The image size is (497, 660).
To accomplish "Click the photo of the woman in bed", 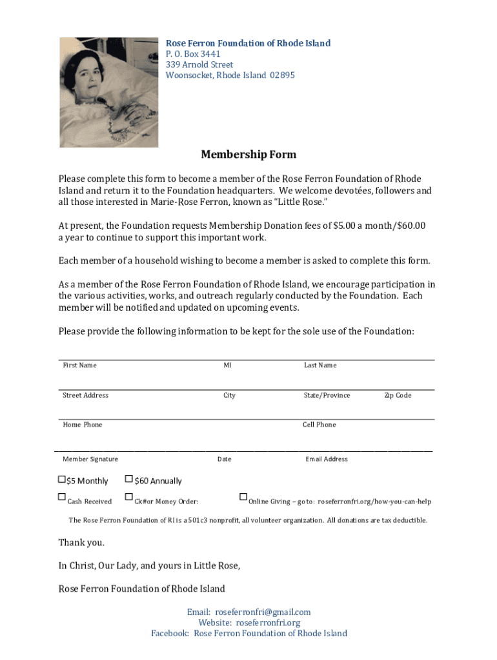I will coord(109,92).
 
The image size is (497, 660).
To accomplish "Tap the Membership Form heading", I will coord(249,155).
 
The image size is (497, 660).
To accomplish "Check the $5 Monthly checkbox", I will coord(62,480).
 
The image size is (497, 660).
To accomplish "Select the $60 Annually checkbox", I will coord(129,480).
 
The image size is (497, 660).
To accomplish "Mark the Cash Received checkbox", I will coord(62,497).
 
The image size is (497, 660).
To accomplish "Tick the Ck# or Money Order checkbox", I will coord(129,497).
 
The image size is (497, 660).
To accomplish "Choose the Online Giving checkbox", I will coord(243,497).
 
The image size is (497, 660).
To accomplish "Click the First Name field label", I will coord(79,365).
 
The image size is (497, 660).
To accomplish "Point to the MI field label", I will coord(227,365).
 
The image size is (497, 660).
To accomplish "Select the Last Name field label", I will coord(320,365).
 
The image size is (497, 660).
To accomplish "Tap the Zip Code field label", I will coord(398,395).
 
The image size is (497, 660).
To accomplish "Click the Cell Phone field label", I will coord(319,425).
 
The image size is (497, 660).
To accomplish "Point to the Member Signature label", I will coord(90,459).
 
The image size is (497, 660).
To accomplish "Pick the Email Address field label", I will coord(327,459).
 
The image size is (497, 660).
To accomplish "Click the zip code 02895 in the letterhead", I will coord(283,75).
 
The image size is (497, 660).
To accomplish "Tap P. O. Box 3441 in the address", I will coord(193,54).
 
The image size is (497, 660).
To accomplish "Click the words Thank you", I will coord(81,542).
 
